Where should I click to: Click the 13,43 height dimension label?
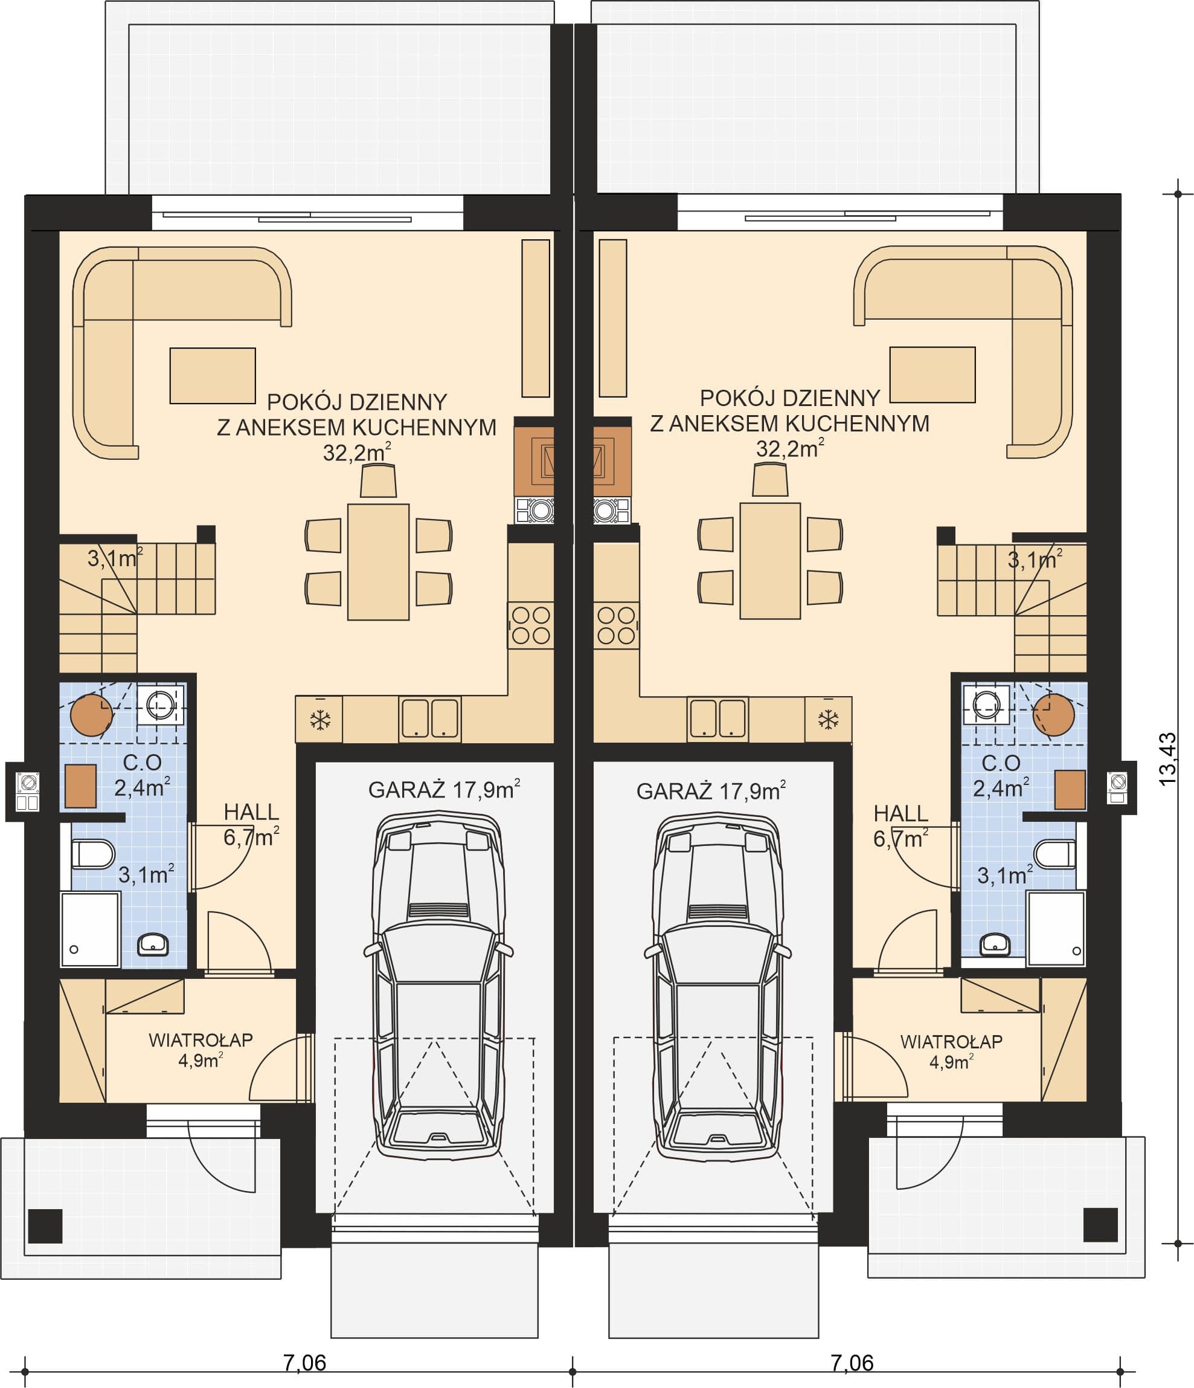click(1167, 760)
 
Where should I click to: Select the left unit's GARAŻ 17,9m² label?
click(444, 790)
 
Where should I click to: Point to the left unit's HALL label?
click(251, 812)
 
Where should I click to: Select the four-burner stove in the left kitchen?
click(530, 625)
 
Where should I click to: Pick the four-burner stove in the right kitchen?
click(616, 625)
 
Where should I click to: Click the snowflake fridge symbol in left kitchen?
click(319, 721)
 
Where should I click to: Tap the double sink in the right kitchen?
click(718, 720)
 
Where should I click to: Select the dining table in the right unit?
click(770, 561)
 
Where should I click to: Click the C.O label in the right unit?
click(1001, 763)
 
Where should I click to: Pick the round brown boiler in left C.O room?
click(91, 715)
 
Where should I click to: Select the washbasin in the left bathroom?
click(153, 944)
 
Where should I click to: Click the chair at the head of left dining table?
click(378, 482)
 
